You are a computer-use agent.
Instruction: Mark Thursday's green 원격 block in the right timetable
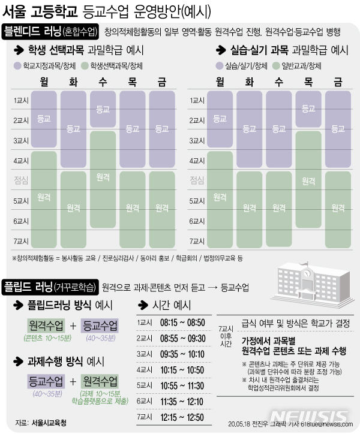coord(308,180)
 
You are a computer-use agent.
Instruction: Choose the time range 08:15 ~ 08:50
coord(183,323)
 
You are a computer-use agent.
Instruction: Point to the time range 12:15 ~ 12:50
coord(183,415)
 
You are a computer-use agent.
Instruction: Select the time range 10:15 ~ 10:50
coord(183,369)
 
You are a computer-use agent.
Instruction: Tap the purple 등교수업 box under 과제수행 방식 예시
coord(46,381)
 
